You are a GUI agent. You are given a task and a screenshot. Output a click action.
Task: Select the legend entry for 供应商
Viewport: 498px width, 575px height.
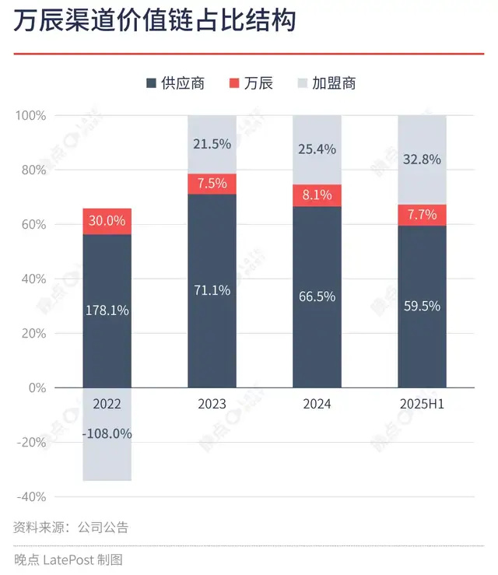tap(175, 83)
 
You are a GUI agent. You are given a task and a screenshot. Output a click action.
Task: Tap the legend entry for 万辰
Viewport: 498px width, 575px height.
tap(251, 83)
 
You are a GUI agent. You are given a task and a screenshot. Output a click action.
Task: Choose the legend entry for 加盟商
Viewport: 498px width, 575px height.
tap(327, 83)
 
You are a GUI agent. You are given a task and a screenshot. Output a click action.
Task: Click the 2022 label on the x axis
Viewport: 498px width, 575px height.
tap(107, 404)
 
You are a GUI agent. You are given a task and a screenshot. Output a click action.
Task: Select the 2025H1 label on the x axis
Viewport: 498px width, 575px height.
tap(423, 404)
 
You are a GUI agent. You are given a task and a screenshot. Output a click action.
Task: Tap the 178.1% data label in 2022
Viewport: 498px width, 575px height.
tap(107, 310)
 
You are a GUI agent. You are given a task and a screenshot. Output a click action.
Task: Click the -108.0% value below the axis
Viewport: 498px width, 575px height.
tap(107, 433)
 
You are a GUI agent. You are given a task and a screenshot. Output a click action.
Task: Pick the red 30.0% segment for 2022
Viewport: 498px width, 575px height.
tap(107, 221)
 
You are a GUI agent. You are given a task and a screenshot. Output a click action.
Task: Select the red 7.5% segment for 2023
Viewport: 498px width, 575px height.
tap(212, 184)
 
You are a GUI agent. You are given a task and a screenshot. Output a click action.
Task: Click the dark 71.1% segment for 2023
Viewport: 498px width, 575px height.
tap(212, 290)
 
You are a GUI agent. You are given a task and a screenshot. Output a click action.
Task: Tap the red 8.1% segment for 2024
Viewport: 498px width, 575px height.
tap(317, 196)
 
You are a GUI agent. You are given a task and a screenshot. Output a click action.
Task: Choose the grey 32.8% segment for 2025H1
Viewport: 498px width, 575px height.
tap(423, 160)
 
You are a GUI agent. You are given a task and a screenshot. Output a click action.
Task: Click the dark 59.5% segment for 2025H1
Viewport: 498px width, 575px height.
tap(423, 306)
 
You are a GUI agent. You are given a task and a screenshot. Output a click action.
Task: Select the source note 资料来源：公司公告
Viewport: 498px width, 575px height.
tap(71, 527)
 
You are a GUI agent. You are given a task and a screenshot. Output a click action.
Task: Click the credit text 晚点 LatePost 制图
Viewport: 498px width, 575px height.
tap(68, 559)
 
